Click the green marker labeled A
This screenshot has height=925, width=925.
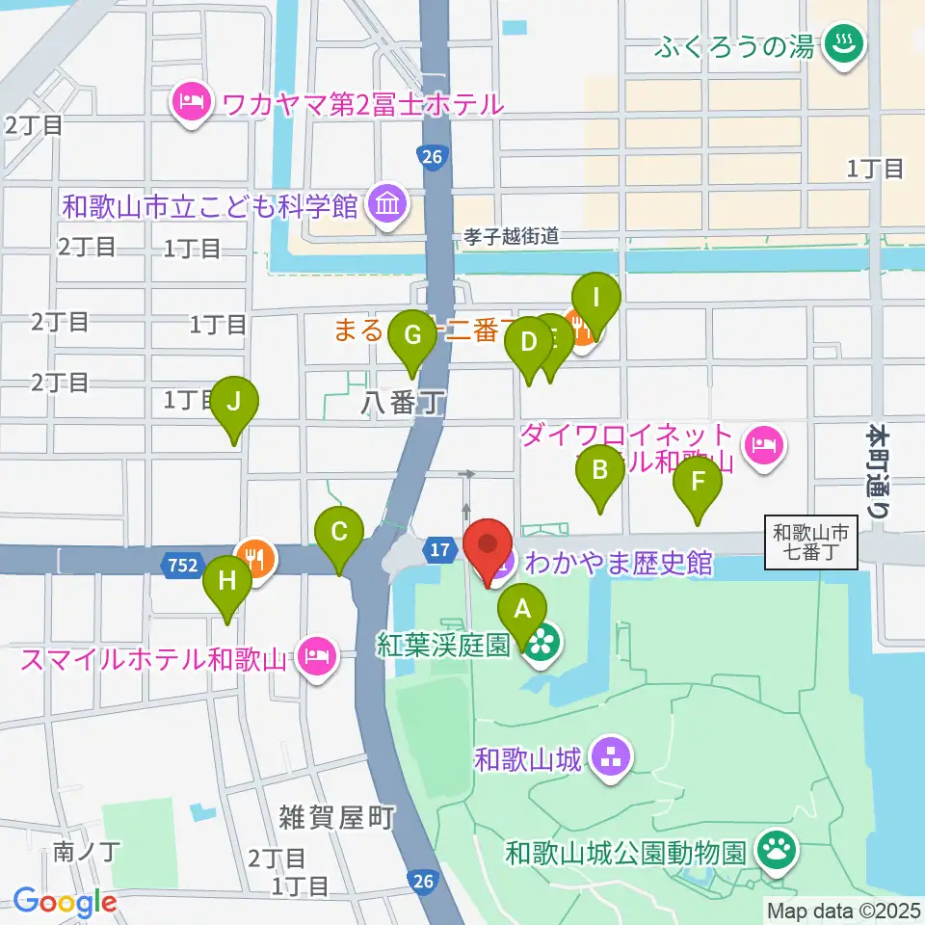click(x=522, y=609)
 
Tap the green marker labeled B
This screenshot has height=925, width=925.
click(x=599, y=471)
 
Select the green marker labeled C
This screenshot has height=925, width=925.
click(x=339, y=532)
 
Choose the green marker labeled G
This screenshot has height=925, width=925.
click(x=412, y=336)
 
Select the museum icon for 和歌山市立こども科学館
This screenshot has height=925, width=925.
click(x=388, y=205)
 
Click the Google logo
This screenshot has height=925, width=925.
click(x=66, y=902)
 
